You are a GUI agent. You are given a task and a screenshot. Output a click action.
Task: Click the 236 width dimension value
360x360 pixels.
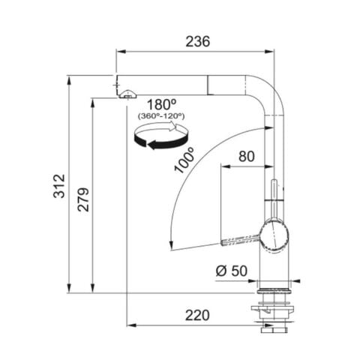196,41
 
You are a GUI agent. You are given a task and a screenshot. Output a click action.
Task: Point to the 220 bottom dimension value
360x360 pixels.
196,315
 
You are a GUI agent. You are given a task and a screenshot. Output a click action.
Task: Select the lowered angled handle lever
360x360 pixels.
239,239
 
